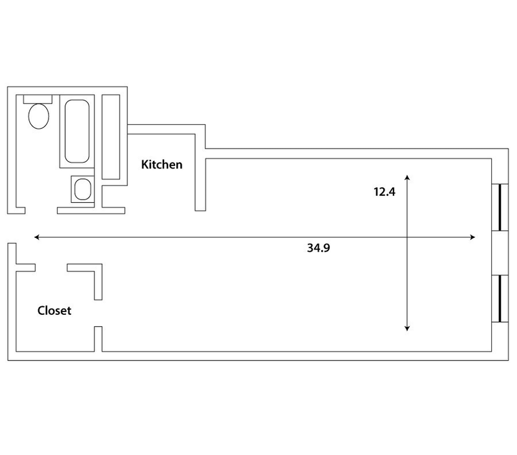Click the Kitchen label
[x=162, y=164]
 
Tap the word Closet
[x=54, y=310]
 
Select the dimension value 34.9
[x=319, y=248]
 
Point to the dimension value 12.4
[x=385, y=191]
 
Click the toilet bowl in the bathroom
[x=39, y=116]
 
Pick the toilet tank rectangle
[x=37, y=100]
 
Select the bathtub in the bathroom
[x=77, y=131]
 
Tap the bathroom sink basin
[x=83, y=189]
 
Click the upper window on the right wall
[x=500, y=207]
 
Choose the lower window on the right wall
[x=500, y=299]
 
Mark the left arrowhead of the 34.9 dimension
[x=37, y=237]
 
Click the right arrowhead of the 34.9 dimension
[x=473, y=237]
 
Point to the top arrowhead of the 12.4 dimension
[x=408, y=177]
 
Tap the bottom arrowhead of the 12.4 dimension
[x=407, y=328]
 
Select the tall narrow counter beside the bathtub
[x=111, y=137]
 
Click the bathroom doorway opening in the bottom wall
[x=41, y=210]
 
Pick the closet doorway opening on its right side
[x=98, y=313]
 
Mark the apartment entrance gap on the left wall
[x=12, y=229]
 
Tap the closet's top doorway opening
[x=51, y=268]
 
